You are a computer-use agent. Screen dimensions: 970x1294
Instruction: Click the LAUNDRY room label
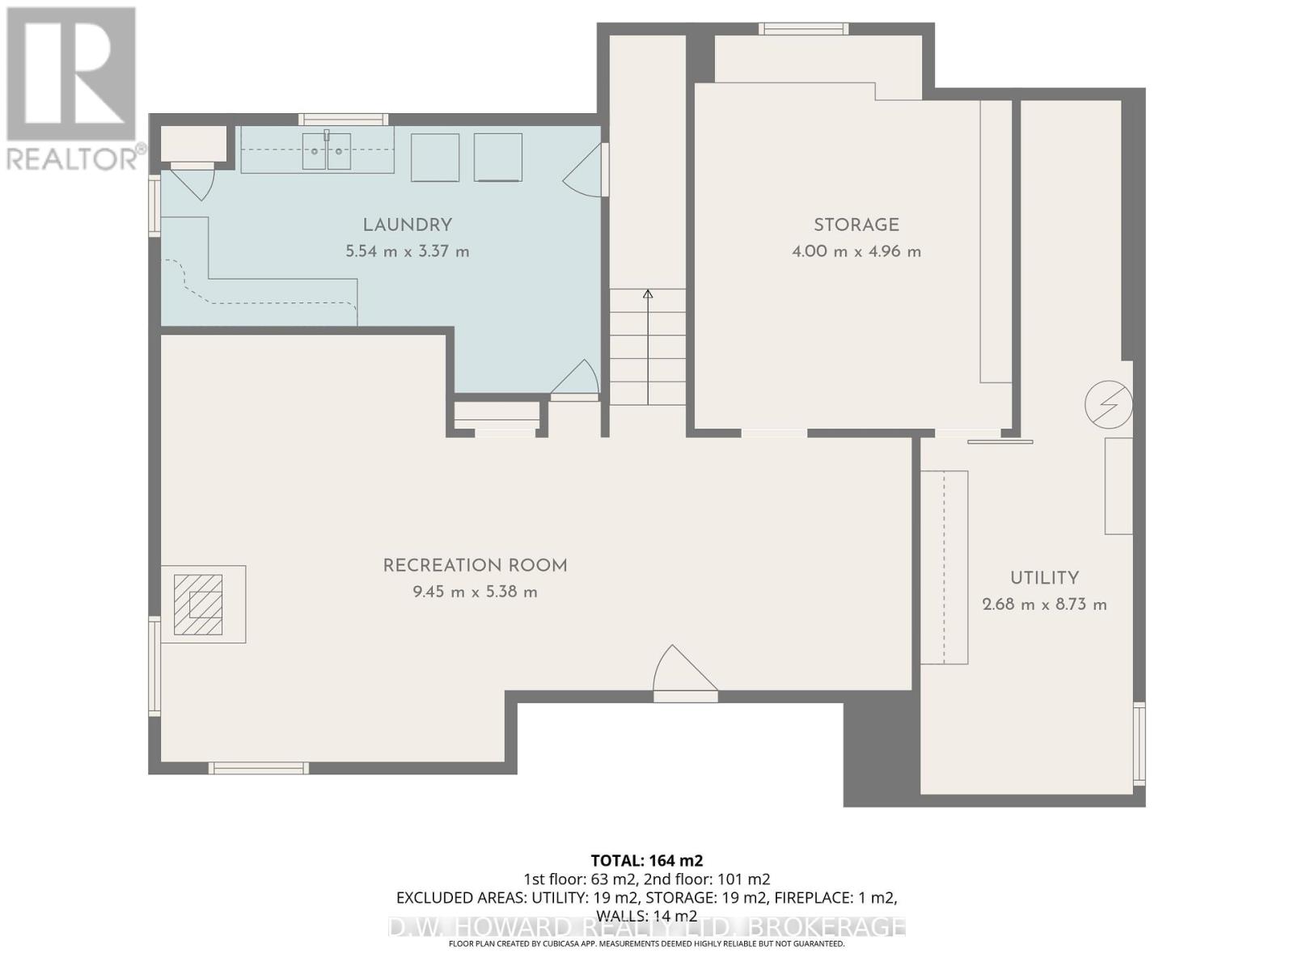[x=407, y=226]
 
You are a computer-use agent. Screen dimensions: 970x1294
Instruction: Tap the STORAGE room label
[x=856, y=226]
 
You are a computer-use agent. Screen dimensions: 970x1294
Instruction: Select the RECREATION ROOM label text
[x=475, y=566]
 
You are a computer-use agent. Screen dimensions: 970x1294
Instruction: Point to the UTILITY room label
[x=1044, y=578]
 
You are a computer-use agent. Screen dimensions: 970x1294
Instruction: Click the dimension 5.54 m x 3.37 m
[x=407, y=251]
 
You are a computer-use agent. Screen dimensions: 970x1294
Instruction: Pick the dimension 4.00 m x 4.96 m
[x=856, y=251]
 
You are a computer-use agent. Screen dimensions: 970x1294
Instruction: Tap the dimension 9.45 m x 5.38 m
[x=475, y=592]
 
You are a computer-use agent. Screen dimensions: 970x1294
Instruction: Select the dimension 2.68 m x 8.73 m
[x=1044, y=605]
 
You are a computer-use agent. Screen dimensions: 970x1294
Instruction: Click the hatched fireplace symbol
[x=198, y=605]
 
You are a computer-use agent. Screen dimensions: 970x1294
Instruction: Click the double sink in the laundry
[x=327, y=151]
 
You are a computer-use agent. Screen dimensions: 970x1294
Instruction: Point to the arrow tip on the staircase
[x=648, y=293]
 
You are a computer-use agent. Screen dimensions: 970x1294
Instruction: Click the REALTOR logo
[x=72, y=89]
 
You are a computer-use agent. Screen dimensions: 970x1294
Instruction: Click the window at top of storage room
[x=803, y=29]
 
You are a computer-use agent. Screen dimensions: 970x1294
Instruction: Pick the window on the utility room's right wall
[x=1140, y=744]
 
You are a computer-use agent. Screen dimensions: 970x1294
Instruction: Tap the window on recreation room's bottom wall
[x=259, y=768]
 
